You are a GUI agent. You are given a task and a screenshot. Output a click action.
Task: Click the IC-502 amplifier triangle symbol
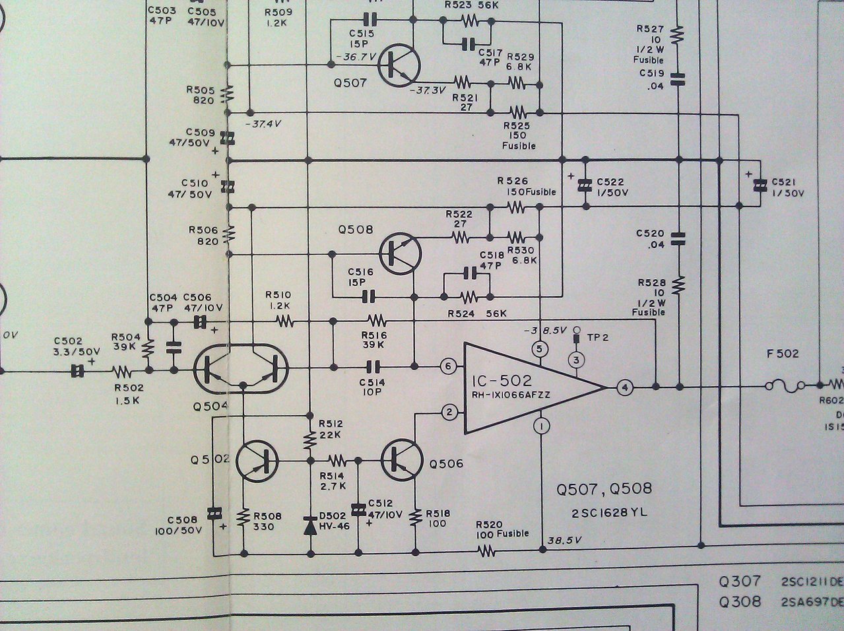535,387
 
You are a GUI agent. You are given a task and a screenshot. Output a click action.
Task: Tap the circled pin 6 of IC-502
448,366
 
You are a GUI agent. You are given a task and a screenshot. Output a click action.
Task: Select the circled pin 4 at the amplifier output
624,387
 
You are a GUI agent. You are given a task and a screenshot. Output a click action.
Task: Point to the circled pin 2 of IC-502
449,413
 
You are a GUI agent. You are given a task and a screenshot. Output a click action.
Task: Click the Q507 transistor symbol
399,66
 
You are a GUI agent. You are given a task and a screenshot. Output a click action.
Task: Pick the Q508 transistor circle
401,253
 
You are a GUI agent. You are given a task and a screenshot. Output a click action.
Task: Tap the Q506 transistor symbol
402,460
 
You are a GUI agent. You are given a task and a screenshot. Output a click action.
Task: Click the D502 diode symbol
310,527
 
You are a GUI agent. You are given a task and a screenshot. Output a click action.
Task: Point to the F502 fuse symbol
785,385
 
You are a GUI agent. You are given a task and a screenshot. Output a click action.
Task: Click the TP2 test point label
598,337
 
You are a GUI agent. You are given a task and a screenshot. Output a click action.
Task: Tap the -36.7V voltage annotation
356,57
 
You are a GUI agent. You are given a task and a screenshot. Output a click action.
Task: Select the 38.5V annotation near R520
564,541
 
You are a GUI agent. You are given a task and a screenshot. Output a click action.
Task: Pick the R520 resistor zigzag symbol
486,552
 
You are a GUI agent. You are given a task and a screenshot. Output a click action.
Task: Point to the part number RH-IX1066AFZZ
511,395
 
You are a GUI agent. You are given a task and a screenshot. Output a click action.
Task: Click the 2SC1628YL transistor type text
609,513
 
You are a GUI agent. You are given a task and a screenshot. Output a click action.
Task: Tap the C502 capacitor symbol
77,371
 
